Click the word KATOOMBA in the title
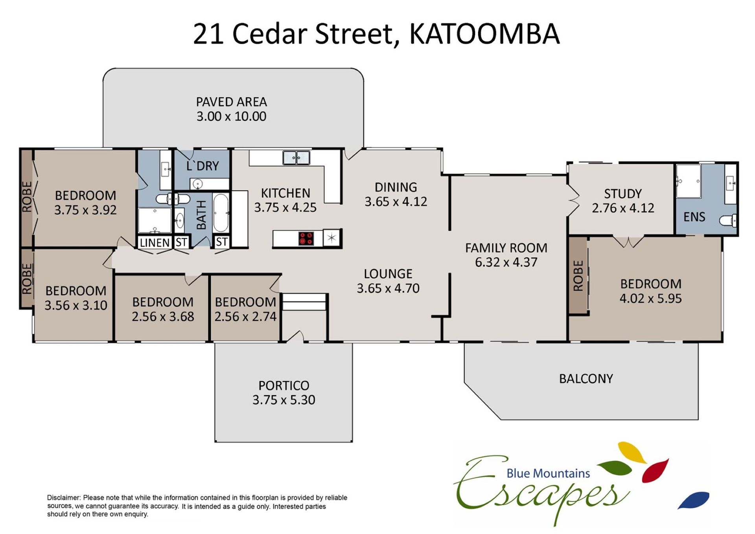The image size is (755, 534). (484, 34)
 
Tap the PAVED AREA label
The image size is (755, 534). (231, 102)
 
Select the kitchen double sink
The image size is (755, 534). (296, 158)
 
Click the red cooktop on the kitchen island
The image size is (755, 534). (306, 238)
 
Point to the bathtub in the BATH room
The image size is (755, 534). (221, 213)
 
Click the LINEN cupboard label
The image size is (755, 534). (155, 243)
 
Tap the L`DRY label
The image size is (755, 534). (203, 166)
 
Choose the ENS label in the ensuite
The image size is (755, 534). (694, 217)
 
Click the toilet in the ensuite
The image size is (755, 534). (728, 221)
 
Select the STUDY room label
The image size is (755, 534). (623, 193)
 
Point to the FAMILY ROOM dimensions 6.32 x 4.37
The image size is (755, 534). (506, 262)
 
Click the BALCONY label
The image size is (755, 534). (586, 379)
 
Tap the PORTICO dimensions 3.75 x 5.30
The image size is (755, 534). (284, 400)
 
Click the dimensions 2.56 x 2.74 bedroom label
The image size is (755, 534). (245, 317)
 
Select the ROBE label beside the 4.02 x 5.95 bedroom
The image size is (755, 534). (578, 276)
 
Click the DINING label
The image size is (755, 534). (396, 187)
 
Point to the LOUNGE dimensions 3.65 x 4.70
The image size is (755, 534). (388, 288)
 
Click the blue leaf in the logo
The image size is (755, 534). (694, 500)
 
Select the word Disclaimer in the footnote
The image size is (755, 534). (64, 497)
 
